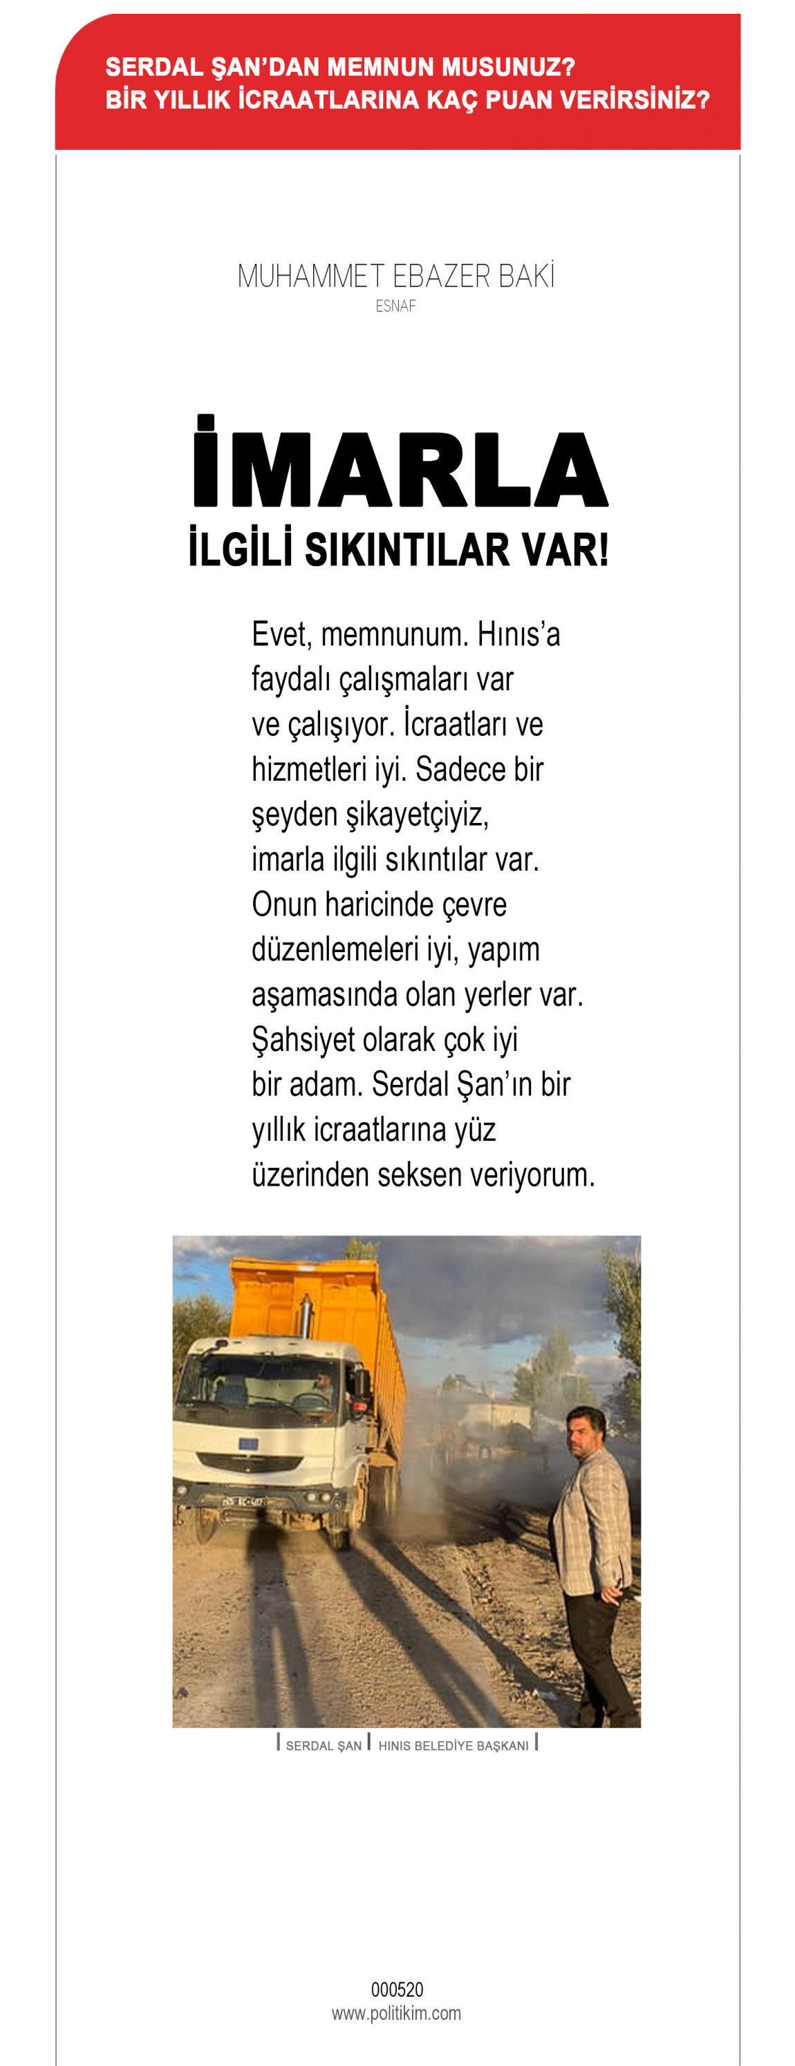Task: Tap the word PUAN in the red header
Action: (x=519, y=100)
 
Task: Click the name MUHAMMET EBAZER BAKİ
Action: (x=395, y=276)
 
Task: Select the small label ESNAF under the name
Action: (x=395, y=306)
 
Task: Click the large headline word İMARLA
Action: (x=400, y=465)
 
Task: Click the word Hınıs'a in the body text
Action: (x=518, y=635)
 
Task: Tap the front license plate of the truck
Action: (x=243, y=1501)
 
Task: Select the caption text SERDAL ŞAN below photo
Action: (x=324, y=1746)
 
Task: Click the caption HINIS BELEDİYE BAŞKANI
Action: (x=453, y=1746)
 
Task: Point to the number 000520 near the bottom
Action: (x=396, y=1990)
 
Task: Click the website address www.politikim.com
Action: (x=396, y=2014)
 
